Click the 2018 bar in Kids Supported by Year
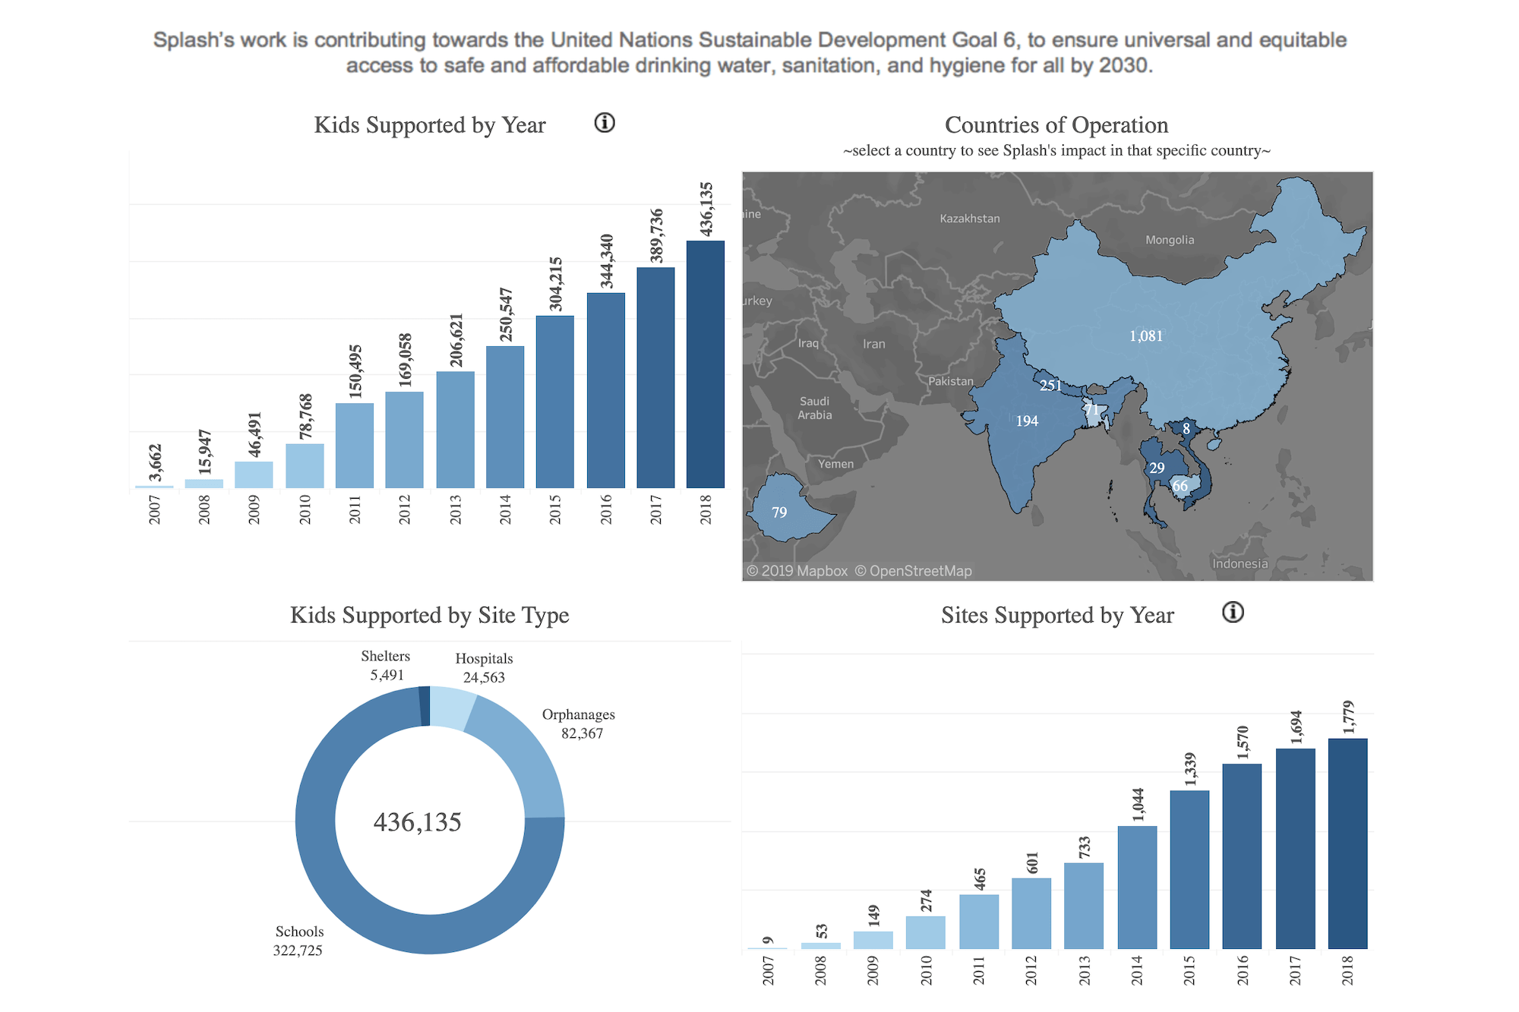[x=705, y=364]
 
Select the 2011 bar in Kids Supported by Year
[x=354, y=446]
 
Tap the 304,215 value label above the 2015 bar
[x=556, y=284]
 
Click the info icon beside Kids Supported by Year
[x=605, y=123]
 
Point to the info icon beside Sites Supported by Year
[x=1233, y=613]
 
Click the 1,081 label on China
[x=1145, y=336]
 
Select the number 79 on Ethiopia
[x=779, y=512]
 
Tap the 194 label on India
[x=1027, y=421]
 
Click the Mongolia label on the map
[x=1170, y=240]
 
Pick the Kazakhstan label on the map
[x=970, y=219]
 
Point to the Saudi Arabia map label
[x=815, y=408]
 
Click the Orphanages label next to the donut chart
[x=579, y=714]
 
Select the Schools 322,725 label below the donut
[x=298, y=941]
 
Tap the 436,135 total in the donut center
[x=418, y=822]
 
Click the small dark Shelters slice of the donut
[x=425, y=706]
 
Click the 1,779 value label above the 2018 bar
[x=1348, y=717]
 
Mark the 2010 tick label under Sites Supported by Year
[x=926, y=971]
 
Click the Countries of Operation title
[x=1056, y=125]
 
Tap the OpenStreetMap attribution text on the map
[x=913, y=571]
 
